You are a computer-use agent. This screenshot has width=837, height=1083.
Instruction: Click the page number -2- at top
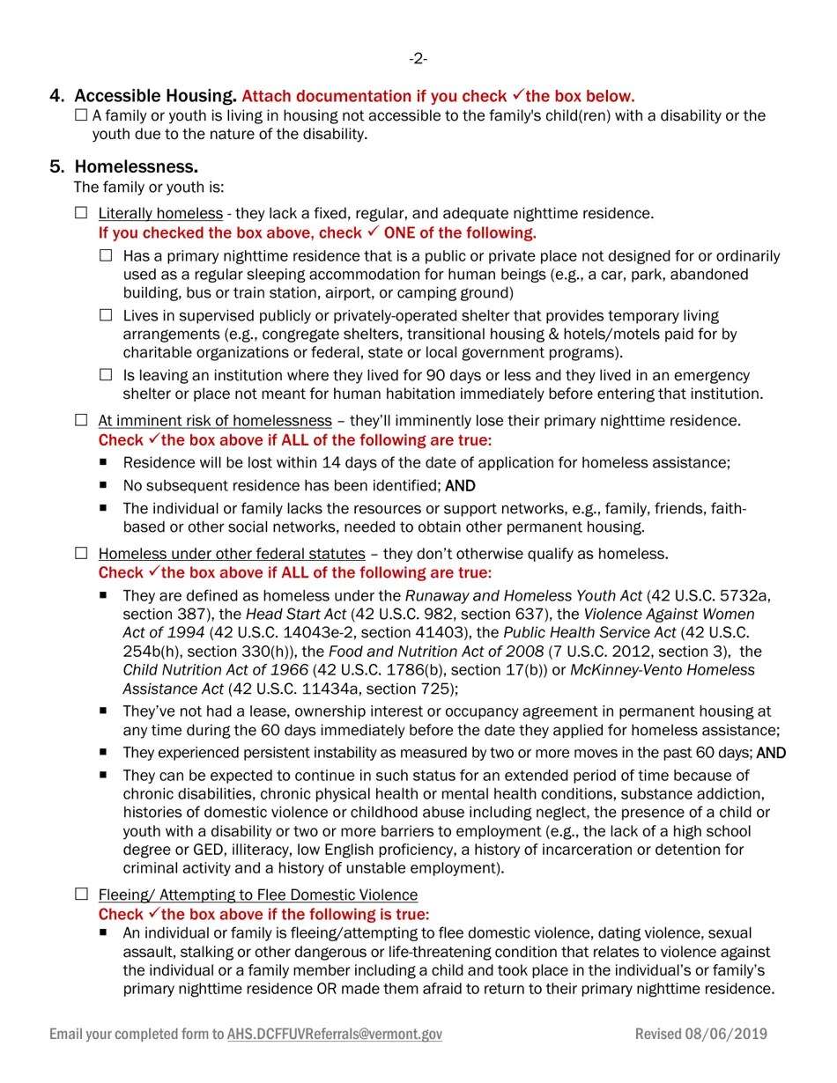click(x=418, y=59)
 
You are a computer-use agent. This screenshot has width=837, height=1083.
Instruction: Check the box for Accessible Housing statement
click(x=81, y=115)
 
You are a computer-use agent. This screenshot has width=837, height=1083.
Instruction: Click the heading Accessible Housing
click(x=155, y=96)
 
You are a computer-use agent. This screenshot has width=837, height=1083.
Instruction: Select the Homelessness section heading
click(x=136, y=166)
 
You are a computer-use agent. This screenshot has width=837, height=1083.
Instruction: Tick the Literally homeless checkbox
click(x=81, y=213)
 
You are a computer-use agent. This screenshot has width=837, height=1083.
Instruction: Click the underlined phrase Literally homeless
click(x=160, y=214)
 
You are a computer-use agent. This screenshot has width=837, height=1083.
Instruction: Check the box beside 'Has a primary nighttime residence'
click(x=106, y=255)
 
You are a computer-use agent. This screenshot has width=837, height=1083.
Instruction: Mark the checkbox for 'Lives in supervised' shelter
click(x=106, y=315)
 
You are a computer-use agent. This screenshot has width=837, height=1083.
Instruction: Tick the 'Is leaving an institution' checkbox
click(x=106, y=375)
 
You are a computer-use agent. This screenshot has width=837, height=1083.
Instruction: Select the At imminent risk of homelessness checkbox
click(x=81, y=420)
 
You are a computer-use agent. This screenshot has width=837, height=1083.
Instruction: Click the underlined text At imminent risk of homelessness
click(x=215, y=421)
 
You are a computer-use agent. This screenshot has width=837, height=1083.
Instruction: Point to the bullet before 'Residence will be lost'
click(x=104, y=461)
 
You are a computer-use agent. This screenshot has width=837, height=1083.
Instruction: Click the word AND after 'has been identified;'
click(x=460, y=486)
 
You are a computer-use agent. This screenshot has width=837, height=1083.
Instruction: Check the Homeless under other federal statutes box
click(x=81, y=553)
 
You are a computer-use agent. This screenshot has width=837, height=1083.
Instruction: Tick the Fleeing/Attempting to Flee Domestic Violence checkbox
click(x=81, y=894)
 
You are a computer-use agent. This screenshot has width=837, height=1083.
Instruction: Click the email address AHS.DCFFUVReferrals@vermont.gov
click(x=334, y=1035)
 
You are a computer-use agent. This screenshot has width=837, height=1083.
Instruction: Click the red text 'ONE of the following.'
click(x=460, y=233)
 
